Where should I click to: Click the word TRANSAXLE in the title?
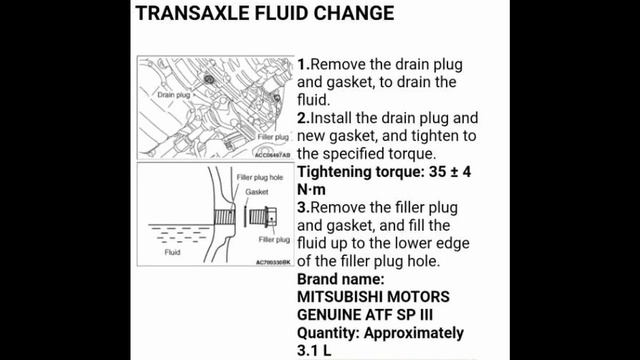tap(190, 14)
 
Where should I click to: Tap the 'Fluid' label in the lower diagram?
tap(172, 253)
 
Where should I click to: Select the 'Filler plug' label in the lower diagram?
tap(273, 240)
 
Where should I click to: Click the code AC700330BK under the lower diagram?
tap(271, 262)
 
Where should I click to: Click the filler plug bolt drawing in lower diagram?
tap(257, 215)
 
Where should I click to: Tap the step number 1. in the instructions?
tap(303, 64)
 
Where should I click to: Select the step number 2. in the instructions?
tap(303, 118)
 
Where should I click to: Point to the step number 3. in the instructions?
tap(303, 207)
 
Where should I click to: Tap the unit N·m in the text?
tap(315, 190)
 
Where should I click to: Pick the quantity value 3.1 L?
tap(316, 351)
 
